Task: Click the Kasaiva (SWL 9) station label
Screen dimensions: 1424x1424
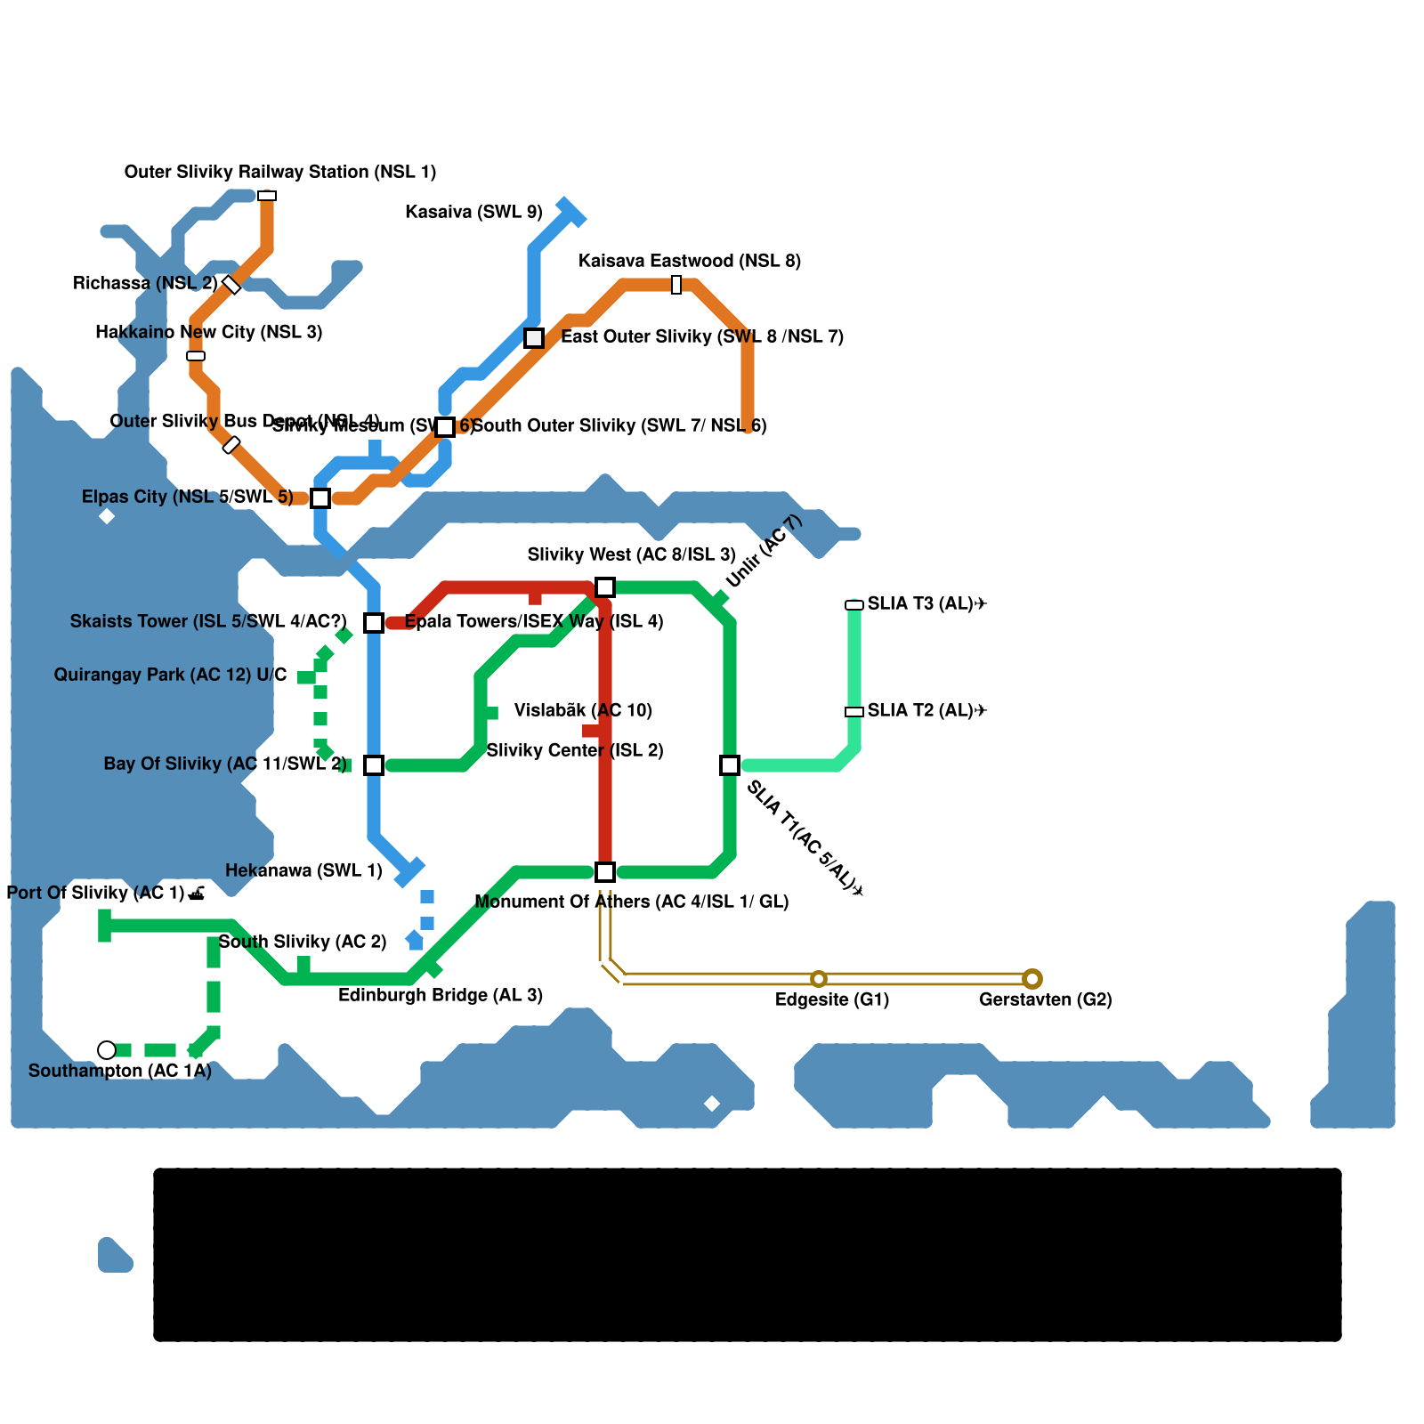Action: coord(473,212)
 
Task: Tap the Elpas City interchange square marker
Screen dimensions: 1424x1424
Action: coord(320,498)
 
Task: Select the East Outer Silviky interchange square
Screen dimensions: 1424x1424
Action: coord(534,338)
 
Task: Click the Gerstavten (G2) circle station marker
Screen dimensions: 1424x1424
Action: coord(1032,979)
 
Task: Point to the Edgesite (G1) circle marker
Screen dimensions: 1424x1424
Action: coord(819,979)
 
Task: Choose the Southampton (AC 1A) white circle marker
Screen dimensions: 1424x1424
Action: coord(107,1050)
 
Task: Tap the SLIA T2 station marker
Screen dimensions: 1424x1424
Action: coord(854,712)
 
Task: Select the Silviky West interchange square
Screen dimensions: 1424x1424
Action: coord(605,587)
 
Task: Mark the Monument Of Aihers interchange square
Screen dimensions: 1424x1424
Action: coord(605,872)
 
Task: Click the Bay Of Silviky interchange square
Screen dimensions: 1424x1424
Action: coord(374,765)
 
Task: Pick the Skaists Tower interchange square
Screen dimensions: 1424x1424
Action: coord(374,623)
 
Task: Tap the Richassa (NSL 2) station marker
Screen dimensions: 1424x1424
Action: coord(231,285)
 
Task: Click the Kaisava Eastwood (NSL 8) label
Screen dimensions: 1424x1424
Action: coord(690,261)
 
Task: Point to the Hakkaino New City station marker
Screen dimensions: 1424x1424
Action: coord(196,356)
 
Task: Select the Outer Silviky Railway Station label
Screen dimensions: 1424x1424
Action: coord(280,172)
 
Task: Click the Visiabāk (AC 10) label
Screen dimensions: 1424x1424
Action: coord(583,710)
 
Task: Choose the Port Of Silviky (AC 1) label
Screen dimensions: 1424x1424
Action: coord(105,893)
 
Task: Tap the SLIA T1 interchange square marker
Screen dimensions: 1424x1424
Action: coord(730,765)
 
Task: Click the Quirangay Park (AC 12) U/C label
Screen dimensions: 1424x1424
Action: coord(170,675)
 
